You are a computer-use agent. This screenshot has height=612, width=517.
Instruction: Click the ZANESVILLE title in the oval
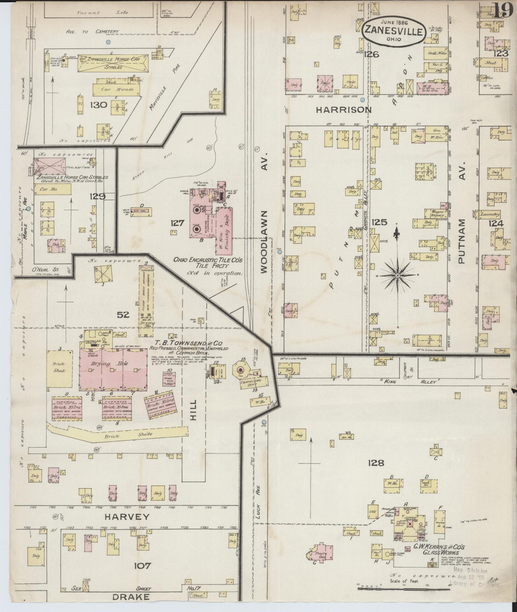(x=394, y=31)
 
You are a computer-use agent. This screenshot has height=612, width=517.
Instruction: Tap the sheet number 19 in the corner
(x=502, y=10)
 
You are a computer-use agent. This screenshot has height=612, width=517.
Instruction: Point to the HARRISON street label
(x=343, y=110)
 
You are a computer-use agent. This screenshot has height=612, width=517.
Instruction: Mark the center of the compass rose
(x=397, y=275)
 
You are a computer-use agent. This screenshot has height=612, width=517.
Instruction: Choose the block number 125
(x=379, y=223)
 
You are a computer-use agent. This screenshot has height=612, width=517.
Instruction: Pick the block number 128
(x=376, y=463)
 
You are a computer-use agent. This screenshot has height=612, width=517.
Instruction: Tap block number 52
(x=123, y=315)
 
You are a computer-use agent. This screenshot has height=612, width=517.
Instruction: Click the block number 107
(x=142, y=566)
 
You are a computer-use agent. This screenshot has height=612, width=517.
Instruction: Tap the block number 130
(x=98, y=105)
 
